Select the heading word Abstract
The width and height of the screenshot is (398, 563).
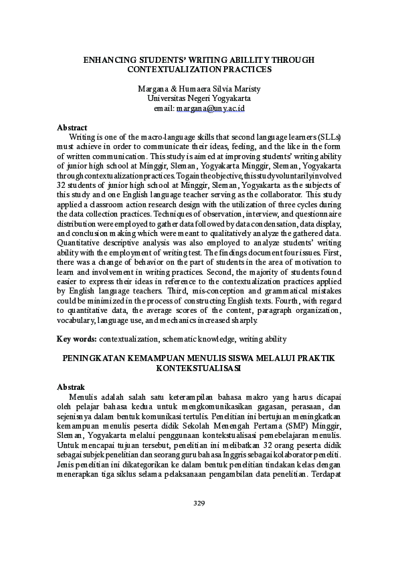point(72,127)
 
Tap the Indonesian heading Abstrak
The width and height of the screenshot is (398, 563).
point(72,387)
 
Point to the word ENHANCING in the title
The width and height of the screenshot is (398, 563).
point(109,60)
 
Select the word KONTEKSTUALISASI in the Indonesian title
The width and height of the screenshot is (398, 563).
point(199,368)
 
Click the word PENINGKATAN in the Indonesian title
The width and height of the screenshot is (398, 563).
point(93,359)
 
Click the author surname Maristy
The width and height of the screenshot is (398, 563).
point(245,88)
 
